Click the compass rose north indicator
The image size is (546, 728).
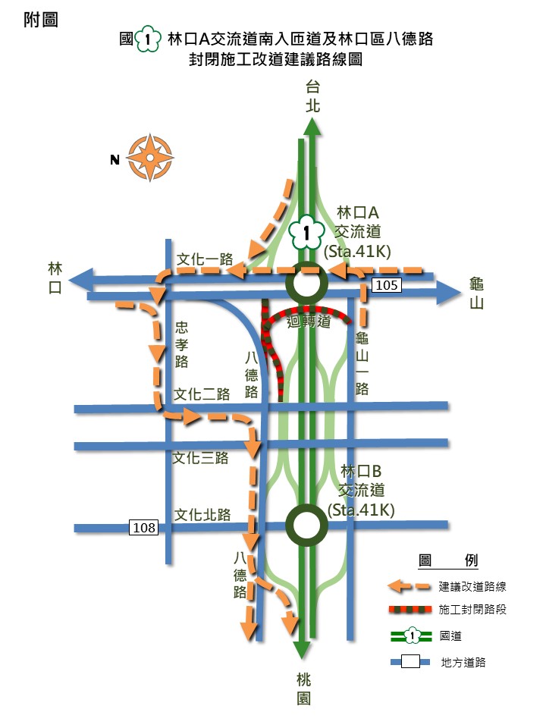click(x=149, y=158)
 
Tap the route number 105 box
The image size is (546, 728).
click(x=386, y=284)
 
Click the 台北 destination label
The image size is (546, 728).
click(x=313, y=96)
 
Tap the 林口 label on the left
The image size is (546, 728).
click(x=55, y=278)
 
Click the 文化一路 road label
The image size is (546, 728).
click(x=205, y=259)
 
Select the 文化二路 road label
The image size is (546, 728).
click(x=202, y=394)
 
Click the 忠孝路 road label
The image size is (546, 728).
click(x=181, y=344)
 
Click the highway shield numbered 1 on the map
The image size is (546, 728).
click(x=306, y=234)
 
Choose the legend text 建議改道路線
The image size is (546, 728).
click(x=472, y=586)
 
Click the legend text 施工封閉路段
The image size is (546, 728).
click(x=472, y=610)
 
